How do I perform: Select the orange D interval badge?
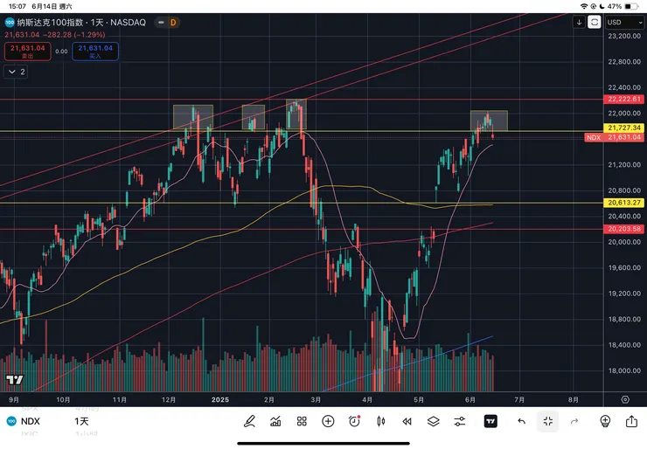click(x=173, y=22)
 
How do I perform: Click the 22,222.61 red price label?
click(x=624, y=100)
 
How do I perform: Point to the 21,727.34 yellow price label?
click(x=624, y=128)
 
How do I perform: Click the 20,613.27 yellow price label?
click(x=624, y=203)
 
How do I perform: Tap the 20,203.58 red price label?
click(x=624, y=229)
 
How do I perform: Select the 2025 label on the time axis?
click(x=219, y=398)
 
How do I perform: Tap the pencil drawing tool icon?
click(x=249, y=421)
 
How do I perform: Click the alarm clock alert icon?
click(x=354, y=421)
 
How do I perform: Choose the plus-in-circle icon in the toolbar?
click(x=328, y=421)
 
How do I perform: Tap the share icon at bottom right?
click(x=631, y=421)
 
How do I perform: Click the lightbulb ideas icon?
click(x=604, y=421)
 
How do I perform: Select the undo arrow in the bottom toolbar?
click(x=521, y=421)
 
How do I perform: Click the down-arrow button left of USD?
click(x=580, y=22)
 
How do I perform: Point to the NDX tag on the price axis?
click(x=594, y=137)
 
